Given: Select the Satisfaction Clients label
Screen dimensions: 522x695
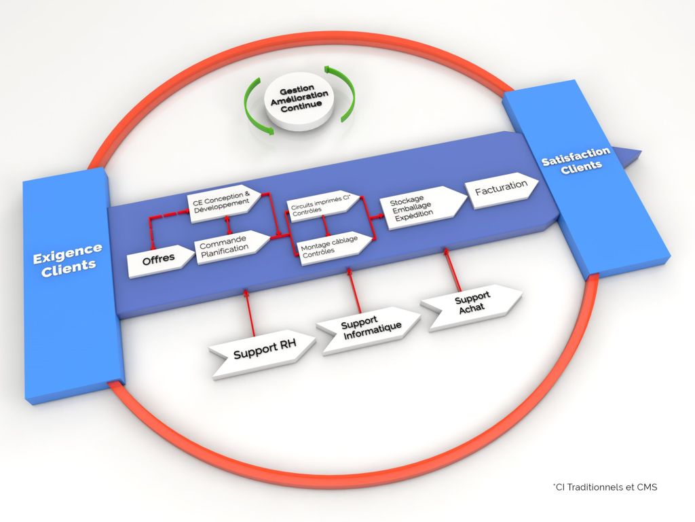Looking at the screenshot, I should pos(576,158).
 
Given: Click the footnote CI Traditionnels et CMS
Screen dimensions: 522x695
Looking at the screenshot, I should pos(605,487).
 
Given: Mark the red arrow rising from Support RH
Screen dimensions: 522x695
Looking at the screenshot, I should pos(250,313).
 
